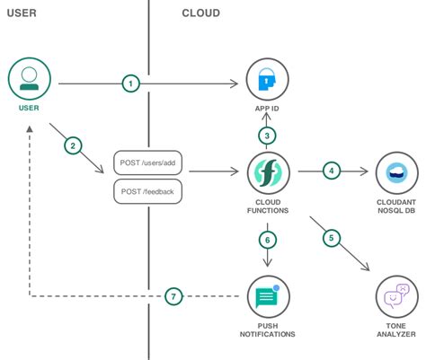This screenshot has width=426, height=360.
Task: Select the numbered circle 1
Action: [131, 83]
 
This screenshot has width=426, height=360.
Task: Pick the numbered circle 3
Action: [267, 136]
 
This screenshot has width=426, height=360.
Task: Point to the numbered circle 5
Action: [332, 238]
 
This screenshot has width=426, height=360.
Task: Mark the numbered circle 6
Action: [267, 239]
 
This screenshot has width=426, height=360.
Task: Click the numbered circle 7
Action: [175, 295]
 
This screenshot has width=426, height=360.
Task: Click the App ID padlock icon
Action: [267, 82]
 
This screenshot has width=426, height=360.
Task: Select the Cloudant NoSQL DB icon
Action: [395, 171]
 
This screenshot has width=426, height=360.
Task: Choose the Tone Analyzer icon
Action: [395, 295]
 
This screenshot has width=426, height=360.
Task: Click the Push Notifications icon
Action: [267, 295]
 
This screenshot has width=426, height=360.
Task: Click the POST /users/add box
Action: [148, 163]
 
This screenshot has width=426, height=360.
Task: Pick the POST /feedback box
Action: [148, 190]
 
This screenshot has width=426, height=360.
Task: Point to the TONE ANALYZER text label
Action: [395, 333]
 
